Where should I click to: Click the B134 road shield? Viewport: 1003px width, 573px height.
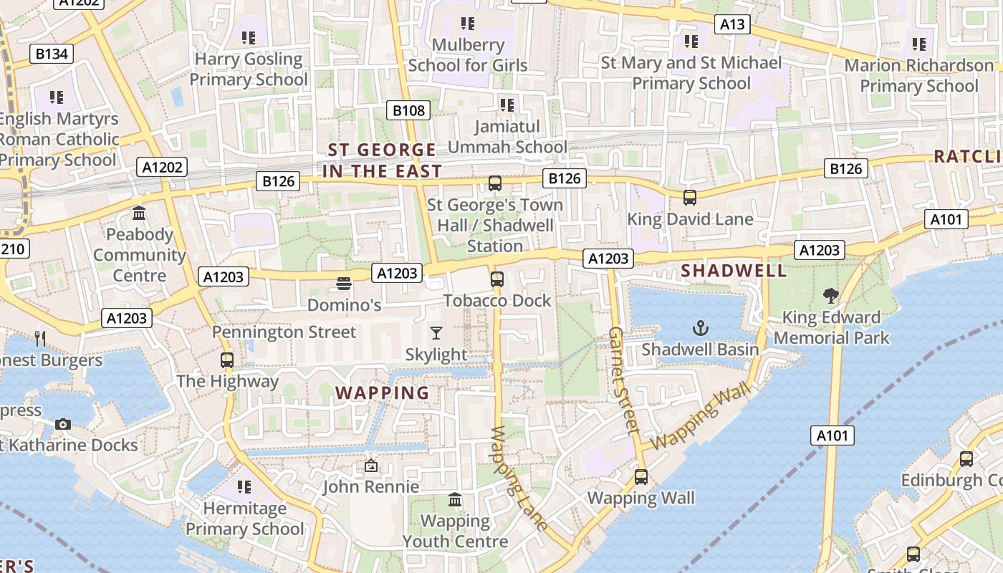(52, 54)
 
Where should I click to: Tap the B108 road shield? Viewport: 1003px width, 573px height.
(410, 110)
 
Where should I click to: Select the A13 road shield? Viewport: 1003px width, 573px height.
(732, 24)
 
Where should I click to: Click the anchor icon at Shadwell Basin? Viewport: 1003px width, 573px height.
(700, 329)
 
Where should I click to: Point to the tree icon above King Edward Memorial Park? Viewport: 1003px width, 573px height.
(831, 295)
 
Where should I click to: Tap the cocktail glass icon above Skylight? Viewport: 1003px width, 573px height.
(436, 333)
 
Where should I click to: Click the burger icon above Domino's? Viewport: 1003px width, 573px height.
(344, 284)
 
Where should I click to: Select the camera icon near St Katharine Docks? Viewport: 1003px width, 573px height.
(63, 424)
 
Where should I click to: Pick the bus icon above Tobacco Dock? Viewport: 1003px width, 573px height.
(497, 279)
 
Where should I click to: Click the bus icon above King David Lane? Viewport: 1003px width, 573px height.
(690, 198)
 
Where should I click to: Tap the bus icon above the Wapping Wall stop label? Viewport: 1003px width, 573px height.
(641, 476)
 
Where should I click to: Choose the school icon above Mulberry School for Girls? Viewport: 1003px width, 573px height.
(468, 24)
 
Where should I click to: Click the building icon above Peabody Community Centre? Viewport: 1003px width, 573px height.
(139, 213)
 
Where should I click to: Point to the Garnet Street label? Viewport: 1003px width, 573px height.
(623, 381)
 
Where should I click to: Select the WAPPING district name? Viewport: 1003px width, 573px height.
(383, 393)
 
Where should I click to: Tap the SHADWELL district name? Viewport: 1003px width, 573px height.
(734, 271)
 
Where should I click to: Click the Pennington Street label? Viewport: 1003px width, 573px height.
(284, 332)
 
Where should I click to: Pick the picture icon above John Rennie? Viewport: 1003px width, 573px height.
(370, 466)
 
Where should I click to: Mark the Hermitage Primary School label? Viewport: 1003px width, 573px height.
(245, 519)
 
